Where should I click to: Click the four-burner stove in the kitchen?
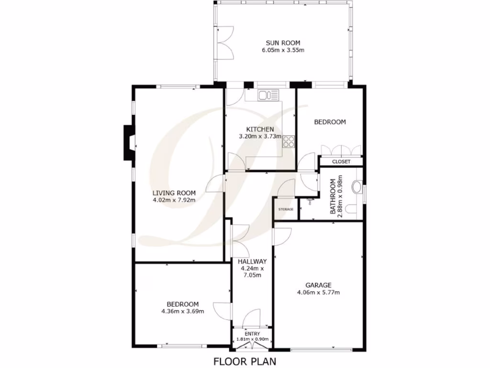point(289,141)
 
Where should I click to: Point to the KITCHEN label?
point(260,129)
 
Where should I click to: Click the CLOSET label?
point(341,162)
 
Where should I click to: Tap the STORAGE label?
point(286,209)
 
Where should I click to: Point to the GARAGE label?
point(318,285)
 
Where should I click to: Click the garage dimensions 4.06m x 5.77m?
point(318,292)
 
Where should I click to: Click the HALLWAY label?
point(252,262)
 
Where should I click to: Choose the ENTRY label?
point(252,334)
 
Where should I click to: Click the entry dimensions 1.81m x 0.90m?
point(252,340)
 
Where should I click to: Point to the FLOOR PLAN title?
point(245,361)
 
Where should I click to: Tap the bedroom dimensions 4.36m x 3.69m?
point(183,311)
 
